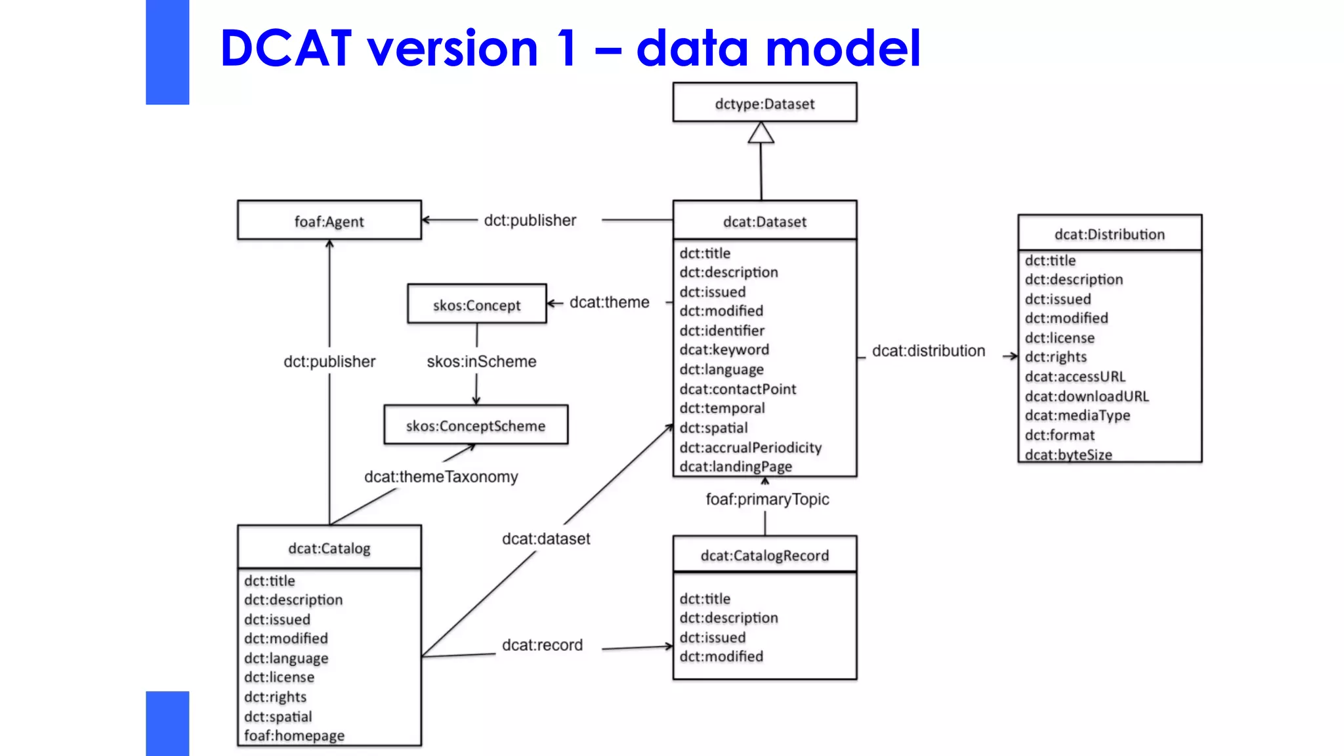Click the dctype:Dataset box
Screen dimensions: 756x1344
tap(765, 103)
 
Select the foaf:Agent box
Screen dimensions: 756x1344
tap(329, 221)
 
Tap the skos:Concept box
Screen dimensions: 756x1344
tap(476, 304)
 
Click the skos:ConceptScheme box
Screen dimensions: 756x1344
tap(476, 425)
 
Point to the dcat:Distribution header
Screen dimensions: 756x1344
tap(1109, 234)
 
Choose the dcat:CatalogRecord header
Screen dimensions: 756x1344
tap(765, 555)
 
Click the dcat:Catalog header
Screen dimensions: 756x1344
tap(329, 548)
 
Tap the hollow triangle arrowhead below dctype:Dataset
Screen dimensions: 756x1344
tap(761, 133)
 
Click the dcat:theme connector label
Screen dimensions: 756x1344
tap(609, 302)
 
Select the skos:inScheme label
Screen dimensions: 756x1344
tap(481, 361)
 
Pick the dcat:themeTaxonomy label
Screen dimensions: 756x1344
tap(441, 476)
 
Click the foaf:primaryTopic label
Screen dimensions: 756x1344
tap(767, 499)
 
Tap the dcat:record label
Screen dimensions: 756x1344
tap(542, 645)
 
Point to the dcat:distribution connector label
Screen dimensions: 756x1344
tap(928, 350)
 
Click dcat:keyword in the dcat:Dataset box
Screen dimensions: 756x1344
tap(724, 350)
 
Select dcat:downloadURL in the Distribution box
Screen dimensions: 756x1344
tap(1087, 396)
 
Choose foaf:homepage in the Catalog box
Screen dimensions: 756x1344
tap(294, 736)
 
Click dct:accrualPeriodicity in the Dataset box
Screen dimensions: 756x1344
tap(750, 447)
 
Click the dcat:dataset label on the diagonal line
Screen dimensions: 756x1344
tap(545, 539)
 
